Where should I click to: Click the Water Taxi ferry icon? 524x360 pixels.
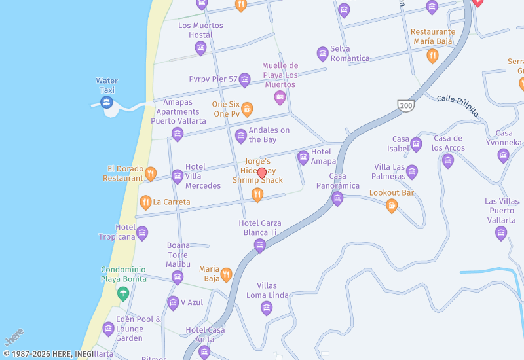click(x=106, y=102)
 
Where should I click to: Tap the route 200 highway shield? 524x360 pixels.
click(x=404, y=105)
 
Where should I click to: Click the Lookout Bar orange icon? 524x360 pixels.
click(x=392, y=206)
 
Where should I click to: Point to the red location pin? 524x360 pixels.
click(x=262, y=173)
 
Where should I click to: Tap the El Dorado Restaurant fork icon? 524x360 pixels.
click(x=151, y=173)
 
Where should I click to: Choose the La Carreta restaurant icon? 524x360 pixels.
click(x=145, y=202)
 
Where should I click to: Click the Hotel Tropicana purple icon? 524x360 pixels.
click(x=142, y=233)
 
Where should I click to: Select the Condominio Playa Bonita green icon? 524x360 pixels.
click(x=122, y=294)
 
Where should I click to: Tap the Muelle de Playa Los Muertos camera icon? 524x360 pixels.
click(x=280, y=98)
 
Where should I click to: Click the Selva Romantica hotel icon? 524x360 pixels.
click(x=322, y=54)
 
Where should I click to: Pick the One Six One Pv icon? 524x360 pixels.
click(x=247, y=109)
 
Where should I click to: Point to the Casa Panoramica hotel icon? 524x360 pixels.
click(x=337, y=198)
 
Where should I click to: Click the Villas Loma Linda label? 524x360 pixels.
click(x=267, y=290)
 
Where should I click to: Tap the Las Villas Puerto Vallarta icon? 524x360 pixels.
click(x=501, y=233)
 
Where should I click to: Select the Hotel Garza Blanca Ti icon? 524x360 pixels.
click(x=260, y=245)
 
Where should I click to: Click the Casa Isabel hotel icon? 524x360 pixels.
click(x=416, y=145)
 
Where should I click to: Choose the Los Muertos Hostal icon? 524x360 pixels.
click(x=200, y=47)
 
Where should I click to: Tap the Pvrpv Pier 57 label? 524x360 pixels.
click(x=213, y=79)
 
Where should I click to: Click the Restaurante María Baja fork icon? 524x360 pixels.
click(x=432, y=56)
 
